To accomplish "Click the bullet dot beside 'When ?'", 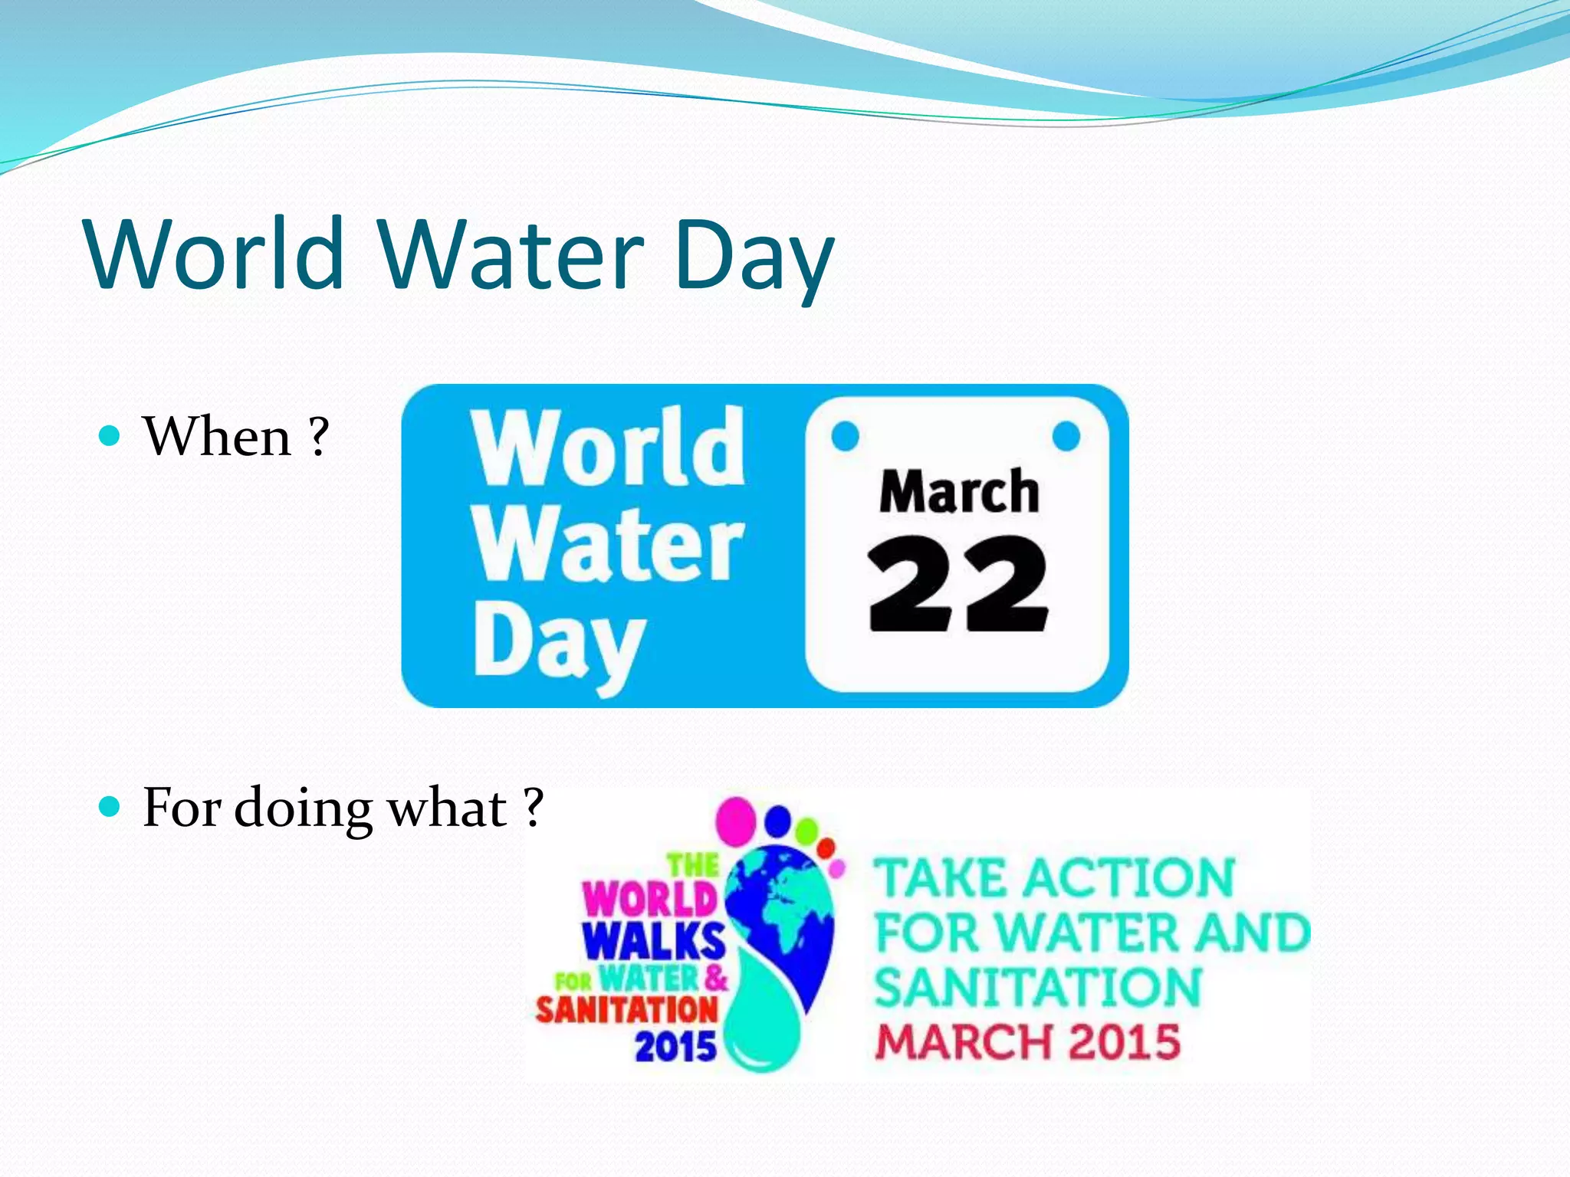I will click(x=111, y=436).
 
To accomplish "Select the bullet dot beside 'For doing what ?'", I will click(x=111, y=807).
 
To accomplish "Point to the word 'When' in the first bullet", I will click(x=218, y=437).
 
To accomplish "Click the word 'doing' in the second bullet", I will click(x=303, y=809).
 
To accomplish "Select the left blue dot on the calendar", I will click(x=846, y=437).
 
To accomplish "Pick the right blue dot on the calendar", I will click(x=1066, y=437).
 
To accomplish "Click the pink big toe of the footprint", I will click(x=736, y=818).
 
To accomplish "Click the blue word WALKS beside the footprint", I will click(x=653, y=940).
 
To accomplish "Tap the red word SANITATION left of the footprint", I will click(x=627, y=1010).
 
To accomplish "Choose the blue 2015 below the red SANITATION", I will click(x=675, y=1047).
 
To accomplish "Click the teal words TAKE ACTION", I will click(x=1055, y=878).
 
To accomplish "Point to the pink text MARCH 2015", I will click(x=1027, y=1042).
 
